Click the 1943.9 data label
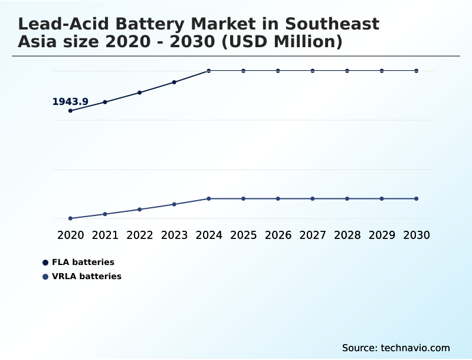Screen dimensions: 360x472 [x=70, y=102]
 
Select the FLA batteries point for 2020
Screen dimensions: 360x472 [x=71, y=110]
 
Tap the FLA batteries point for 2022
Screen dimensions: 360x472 [x=140, y=93]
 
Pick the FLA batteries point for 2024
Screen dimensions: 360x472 [x=209, y=71]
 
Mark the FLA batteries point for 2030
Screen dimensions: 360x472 [x=417, y=71]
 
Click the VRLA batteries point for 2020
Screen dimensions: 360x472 [x=71, y=218]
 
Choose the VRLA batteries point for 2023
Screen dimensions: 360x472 [x=175, y=204]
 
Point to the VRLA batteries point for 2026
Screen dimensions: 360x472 [x=278, y=198]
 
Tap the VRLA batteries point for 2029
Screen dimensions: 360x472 [x=382, y=198]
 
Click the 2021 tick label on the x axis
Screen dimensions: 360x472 [x=105, y=235]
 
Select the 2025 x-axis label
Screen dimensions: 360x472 [x=244, y=235]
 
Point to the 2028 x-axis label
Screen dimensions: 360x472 [x=348, y=235]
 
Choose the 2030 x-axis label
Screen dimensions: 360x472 [x=417, y=235]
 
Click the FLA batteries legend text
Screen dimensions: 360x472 [x=83, y=262]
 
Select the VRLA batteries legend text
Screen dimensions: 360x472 [x=87, y=276]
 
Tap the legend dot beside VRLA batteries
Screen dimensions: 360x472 [x=45, y=276]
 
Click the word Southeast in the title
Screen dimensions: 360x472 [x=333, y=24]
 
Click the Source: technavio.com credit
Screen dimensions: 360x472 [x=396, y=348]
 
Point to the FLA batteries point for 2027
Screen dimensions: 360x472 [x=313, y=71]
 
